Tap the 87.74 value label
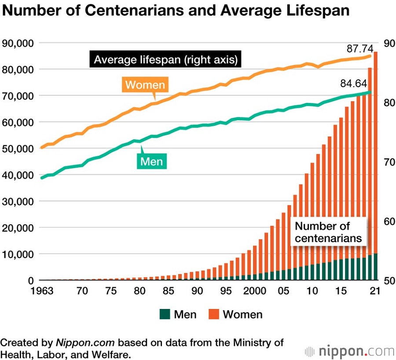point(359,49)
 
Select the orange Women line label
point(145,84)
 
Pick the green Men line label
point(151,161)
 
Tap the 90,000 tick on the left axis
point(18,43)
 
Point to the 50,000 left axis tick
point(18,149)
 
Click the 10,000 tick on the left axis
point(18,254)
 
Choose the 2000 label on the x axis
point(255,291)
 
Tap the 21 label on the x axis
point(375,291)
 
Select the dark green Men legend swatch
point(165,314)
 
